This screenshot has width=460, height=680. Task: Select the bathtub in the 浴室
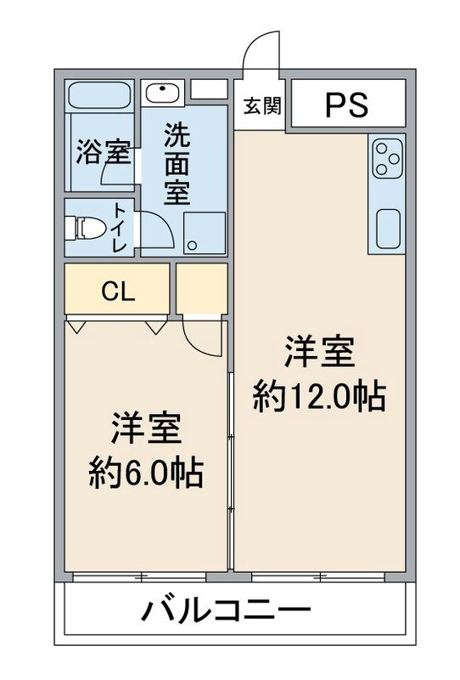point(99,93)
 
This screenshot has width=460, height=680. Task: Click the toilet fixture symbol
point(88,227)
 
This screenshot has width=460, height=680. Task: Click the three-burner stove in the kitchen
point(386,159)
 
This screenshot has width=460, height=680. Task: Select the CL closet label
point(118,291)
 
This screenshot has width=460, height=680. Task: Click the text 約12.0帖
point(319,396)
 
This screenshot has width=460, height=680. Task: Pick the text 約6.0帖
point(146,473)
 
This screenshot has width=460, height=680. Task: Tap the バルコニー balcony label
point(227,610)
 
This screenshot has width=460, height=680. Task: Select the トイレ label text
point(120,228)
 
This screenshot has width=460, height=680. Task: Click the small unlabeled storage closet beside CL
point(202,289)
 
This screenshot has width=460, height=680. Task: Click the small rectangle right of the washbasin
point(209,89)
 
